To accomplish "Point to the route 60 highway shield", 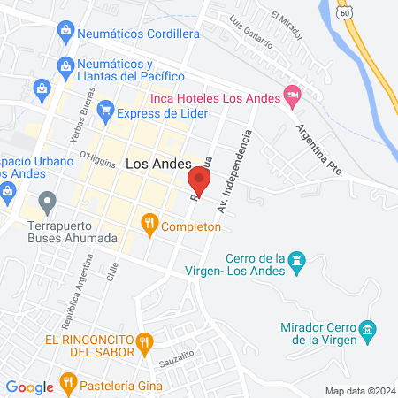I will (343, 12).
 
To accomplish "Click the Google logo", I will (30, 387).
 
